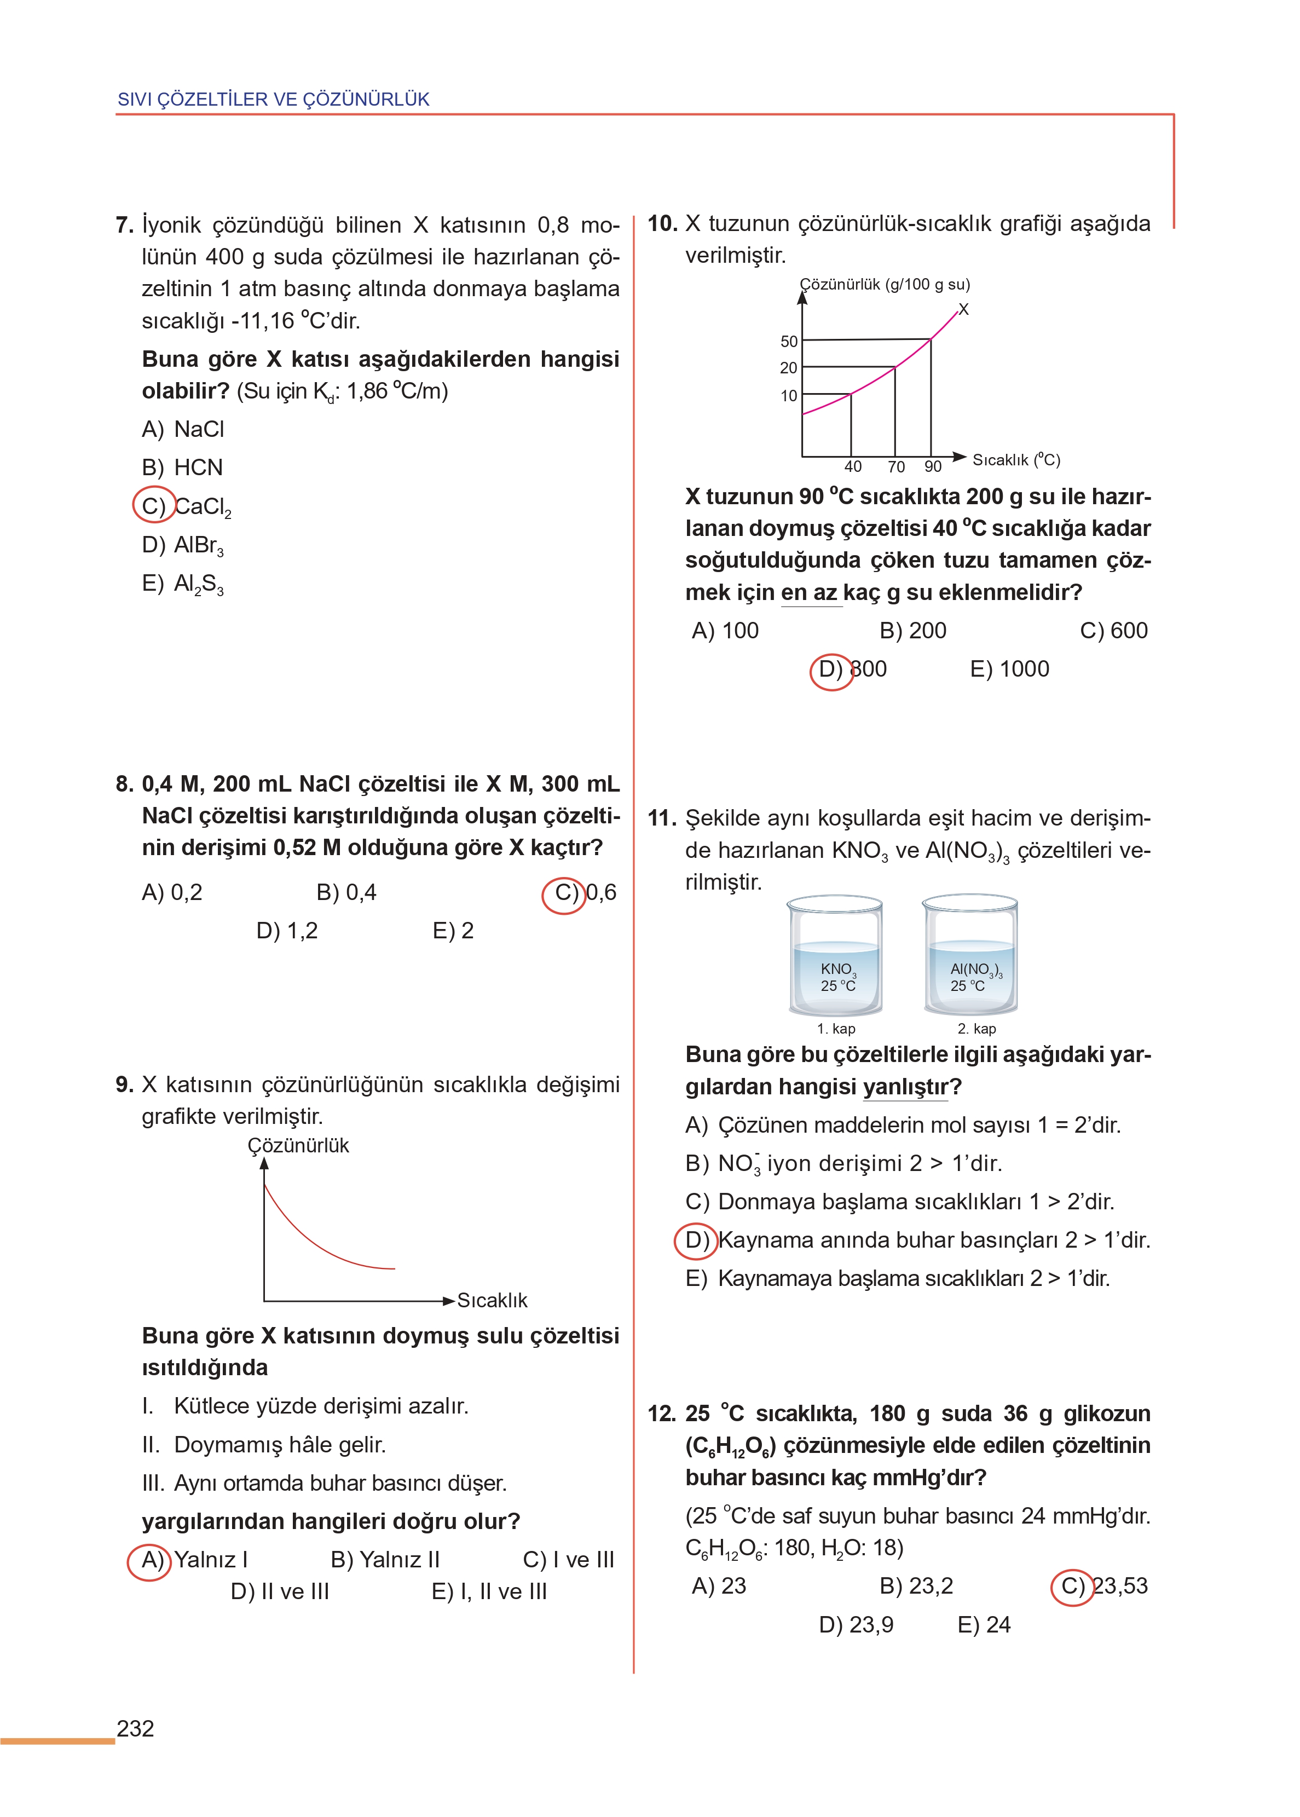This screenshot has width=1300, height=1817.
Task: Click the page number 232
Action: (x=135, y=1728)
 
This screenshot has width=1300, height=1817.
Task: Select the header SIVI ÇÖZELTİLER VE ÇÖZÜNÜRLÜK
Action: (x=273, y=99)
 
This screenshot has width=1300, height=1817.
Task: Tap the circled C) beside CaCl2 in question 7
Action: (x=154, y=506)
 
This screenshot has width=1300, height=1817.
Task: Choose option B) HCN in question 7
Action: (x=182, y=468)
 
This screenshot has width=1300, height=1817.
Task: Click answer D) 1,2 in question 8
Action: (x=287, y=931)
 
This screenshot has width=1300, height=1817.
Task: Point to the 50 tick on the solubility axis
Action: (x=789, y=342)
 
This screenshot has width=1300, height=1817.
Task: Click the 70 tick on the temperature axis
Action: (x=895, y=466)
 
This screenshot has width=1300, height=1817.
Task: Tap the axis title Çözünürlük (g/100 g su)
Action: (x=885, y=284)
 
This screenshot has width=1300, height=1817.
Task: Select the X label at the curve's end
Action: (x=964, y=310)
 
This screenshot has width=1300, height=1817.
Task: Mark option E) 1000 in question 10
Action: (x=1009, y=669)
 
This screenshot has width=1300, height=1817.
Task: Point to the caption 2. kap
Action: (x=977, y=1029)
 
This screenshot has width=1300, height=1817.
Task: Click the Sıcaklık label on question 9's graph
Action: (x=492, y=1301)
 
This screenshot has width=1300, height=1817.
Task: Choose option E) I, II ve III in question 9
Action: (x=489, y=1591)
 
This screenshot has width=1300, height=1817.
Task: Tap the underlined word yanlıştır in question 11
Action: (x=905, y=1087)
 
